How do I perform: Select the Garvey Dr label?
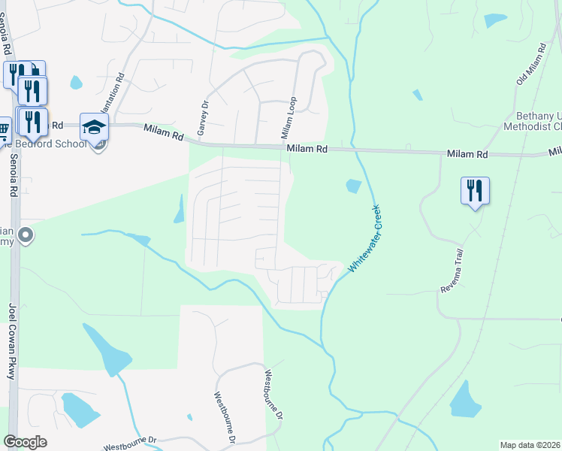[x=201, y=119]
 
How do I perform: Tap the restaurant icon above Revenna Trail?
[x=475, y=191]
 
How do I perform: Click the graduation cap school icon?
[x=95, y=127]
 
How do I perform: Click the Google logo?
[x=25, y=442]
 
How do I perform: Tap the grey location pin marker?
[x=26, y=236]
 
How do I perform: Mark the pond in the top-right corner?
[x=494, y=20]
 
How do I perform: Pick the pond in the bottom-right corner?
[x=465, y=401]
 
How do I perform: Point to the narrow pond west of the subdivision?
[x=180, y=210]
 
